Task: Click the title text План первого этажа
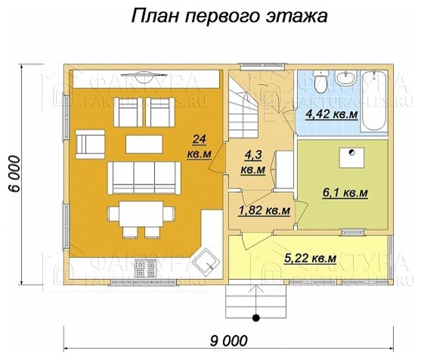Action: (228, 17)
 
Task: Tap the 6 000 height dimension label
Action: (16, 179)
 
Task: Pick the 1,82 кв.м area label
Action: (265, 209)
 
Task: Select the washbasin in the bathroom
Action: (348, 79)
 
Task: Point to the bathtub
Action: (376, 101)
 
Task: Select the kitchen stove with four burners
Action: (142, 268)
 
